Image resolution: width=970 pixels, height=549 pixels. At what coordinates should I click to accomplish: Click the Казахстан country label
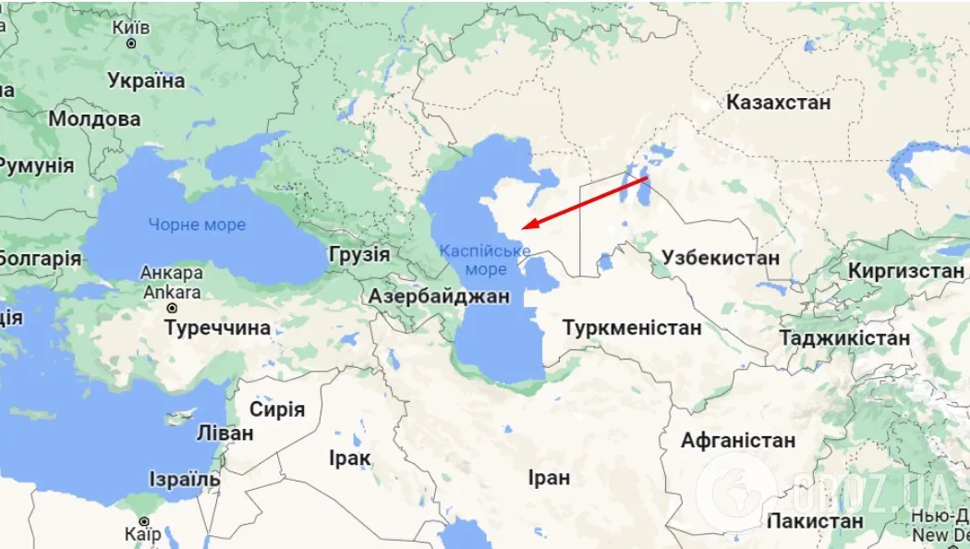(778, 102)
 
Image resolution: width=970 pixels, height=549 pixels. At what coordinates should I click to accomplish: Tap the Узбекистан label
(722, 258)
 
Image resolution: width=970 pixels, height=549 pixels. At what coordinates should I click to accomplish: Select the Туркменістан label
(632, 328)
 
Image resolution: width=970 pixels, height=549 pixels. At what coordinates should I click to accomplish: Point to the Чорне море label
(197, 225)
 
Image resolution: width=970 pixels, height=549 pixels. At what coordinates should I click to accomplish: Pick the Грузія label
(358, 255)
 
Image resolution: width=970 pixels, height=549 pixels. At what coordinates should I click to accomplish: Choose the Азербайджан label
(439, 297)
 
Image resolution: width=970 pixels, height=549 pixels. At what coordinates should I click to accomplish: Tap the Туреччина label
(218, 327)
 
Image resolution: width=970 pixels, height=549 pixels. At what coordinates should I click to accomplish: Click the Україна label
(146, 80)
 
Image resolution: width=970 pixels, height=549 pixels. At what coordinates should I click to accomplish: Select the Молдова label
(94, 119)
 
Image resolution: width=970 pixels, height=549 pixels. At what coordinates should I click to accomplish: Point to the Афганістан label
(738, 440)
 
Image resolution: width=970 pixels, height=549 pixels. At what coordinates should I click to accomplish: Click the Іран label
(549, 478)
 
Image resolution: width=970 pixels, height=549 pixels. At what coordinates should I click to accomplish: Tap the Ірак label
(349, 457)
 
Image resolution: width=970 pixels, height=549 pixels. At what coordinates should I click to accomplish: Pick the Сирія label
(276, 409)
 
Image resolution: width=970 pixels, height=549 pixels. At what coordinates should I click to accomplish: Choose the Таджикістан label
(843, 338)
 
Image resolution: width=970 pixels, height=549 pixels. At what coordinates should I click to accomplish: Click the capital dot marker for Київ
(132, 43)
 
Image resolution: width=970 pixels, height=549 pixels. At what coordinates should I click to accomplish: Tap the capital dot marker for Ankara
(173, 308)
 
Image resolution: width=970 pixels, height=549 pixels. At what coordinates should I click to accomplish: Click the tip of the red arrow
(522, 226)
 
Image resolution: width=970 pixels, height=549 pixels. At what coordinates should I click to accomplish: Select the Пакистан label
(815, 521)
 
